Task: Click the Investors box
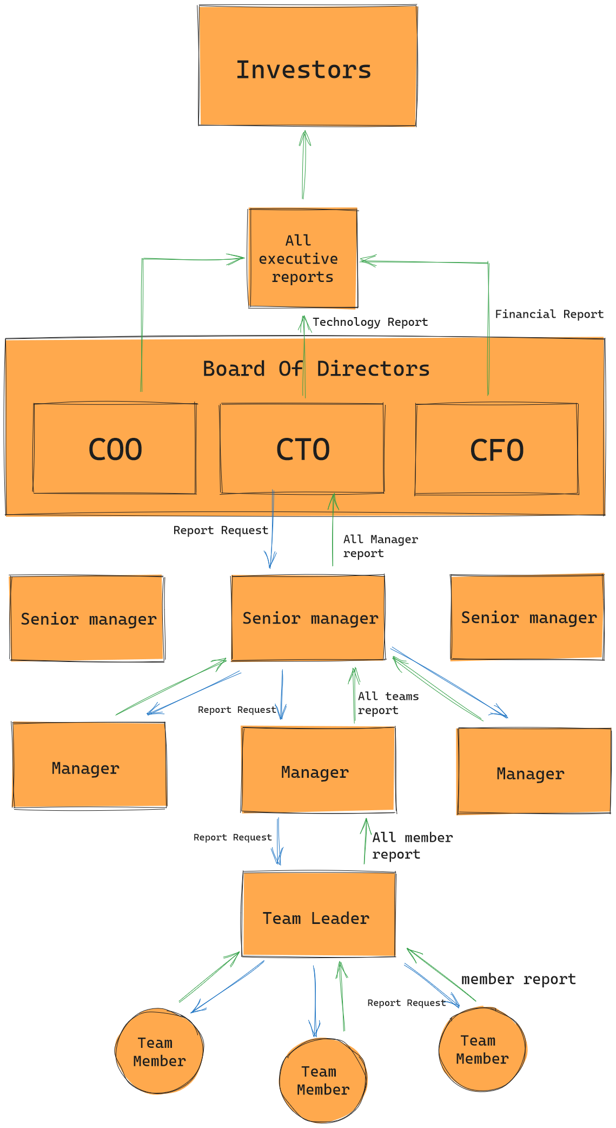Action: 307,66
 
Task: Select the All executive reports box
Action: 303,258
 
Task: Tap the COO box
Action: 115,449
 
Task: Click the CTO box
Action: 302,449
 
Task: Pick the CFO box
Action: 496,449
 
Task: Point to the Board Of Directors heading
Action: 316,369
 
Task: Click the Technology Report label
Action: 370,322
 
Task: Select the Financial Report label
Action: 549,314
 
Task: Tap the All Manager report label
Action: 380,546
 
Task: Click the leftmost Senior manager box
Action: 87,618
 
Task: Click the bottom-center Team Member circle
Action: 323,1080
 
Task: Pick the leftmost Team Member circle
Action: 159,1051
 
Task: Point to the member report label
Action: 518,979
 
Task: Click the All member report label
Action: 412,845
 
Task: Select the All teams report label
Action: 388,703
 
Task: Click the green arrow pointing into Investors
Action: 304,165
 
